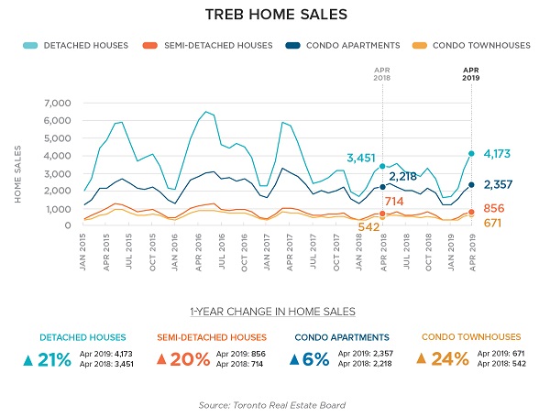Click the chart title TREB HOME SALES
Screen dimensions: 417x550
(x=275, y=16)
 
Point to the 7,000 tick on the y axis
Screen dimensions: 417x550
(x=57, y=104)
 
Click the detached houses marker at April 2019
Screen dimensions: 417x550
(x=471, y=154)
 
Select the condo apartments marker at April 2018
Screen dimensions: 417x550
(x=382, y=187)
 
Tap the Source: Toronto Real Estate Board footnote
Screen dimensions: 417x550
(x=275, y=404)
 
